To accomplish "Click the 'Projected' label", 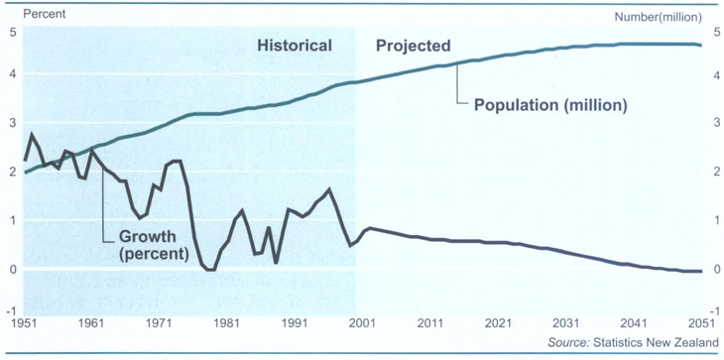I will pos(414,46).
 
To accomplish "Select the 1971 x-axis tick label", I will pos(161,323).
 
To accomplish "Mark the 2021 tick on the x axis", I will pos(496,323).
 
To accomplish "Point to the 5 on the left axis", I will pos(12,32).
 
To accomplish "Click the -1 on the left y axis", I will pos(10,310).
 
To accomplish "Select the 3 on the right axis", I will pos(714,122).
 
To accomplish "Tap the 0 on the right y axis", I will pos(714,269).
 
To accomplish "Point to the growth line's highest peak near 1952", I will pos(31,134).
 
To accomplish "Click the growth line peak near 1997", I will pos(329,189).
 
